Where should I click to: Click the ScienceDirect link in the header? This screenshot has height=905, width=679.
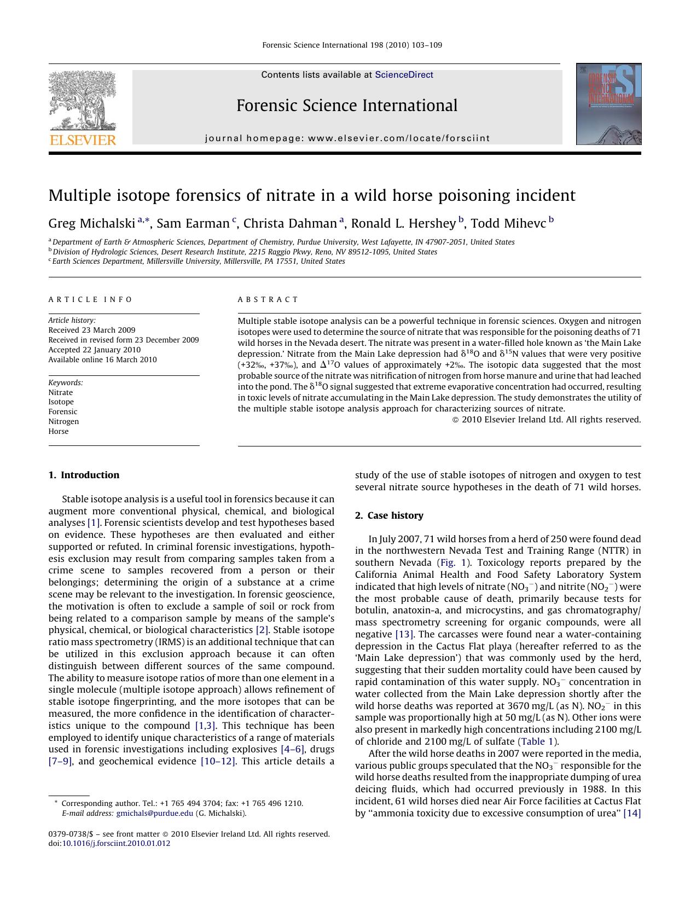pos(404,75)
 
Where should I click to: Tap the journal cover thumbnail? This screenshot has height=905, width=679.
pos(608,104)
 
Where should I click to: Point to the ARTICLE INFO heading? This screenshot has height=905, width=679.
pos(90,299)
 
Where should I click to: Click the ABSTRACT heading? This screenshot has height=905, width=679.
pos(268,299)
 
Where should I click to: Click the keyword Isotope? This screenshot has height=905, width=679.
pos(61,402)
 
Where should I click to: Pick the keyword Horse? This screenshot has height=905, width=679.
pos(59,431)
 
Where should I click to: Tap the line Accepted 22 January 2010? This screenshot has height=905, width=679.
pos(94,350)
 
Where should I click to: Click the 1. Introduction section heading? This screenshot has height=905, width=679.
pos(84,475)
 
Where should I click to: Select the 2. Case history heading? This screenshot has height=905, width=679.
pos(389,515)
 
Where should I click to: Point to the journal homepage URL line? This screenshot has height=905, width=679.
pos(347,138)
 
